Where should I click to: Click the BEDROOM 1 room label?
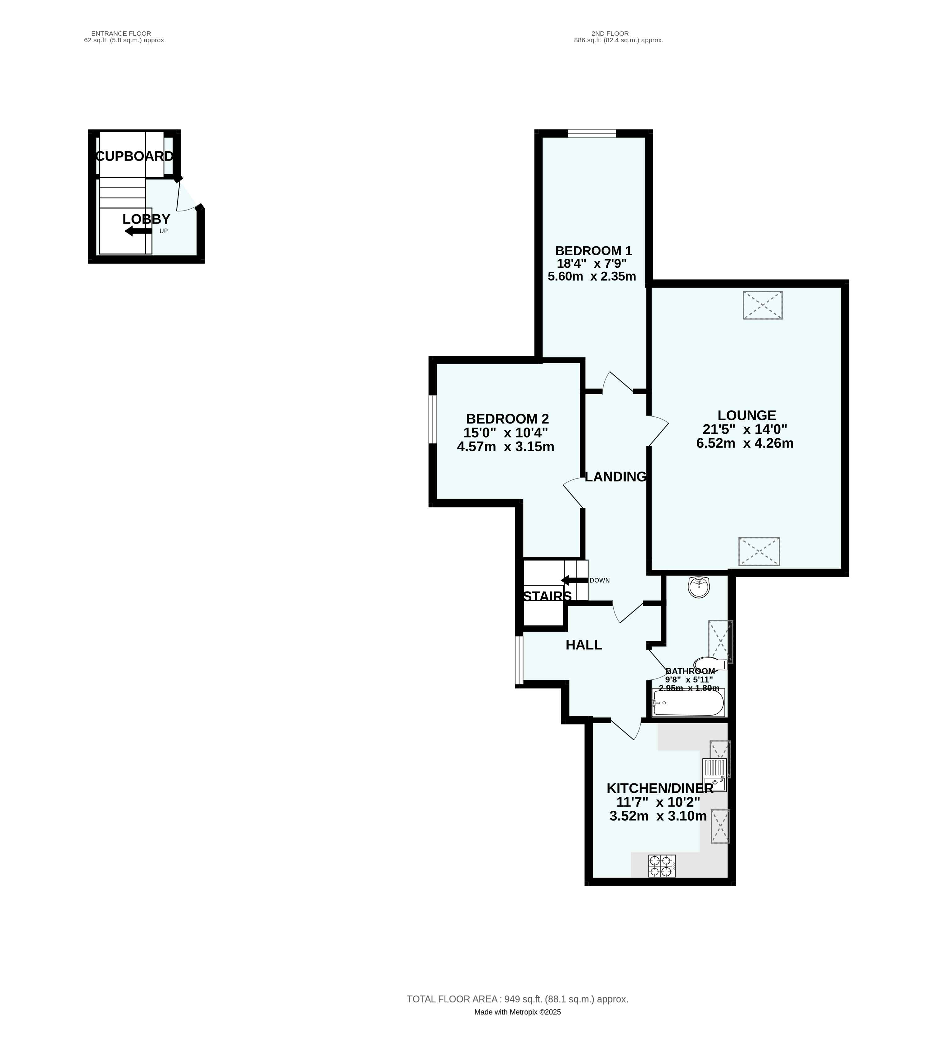[x=593, y=251]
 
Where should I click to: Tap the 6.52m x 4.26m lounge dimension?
[x=745, y=443]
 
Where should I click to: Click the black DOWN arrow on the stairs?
[x=574, y=580]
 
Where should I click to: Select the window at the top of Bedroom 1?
[x=592, y=134]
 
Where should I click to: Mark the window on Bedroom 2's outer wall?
[x=433, y=420]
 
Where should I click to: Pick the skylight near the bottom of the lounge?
[x=759, y=551]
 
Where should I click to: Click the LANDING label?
[x=615, y=477]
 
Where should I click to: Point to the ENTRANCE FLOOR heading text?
[x=121, y=34]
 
